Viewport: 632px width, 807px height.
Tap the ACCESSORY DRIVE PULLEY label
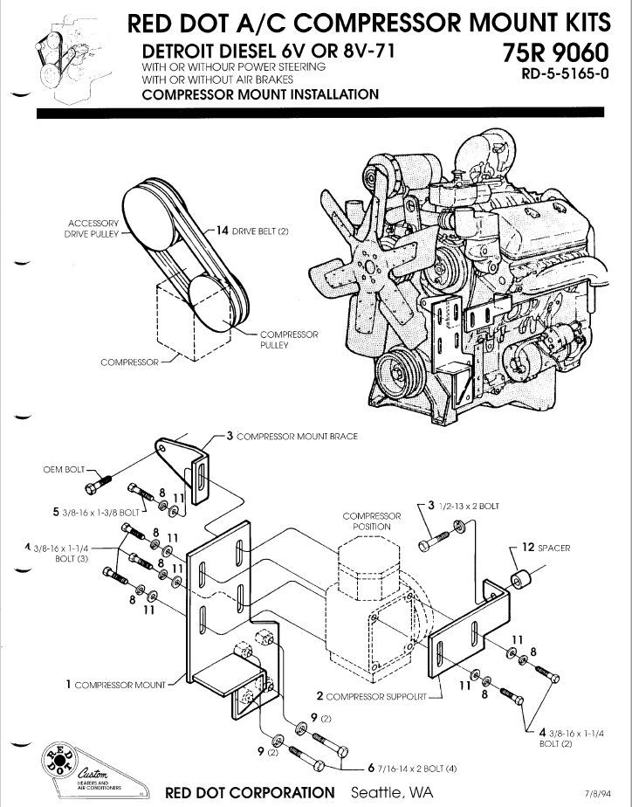coord(92,229)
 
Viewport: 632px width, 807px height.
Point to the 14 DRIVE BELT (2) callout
coord(253,231)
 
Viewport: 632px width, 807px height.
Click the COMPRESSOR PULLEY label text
coord(289,340)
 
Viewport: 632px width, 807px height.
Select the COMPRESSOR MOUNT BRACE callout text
coord(292,436)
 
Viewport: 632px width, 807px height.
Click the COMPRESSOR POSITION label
coord(371,521)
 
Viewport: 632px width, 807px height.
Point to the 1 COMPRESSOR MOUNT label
coord(115,685)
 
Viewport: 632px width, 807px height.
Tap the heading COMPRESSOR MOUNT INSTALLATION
coord(260,94)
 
